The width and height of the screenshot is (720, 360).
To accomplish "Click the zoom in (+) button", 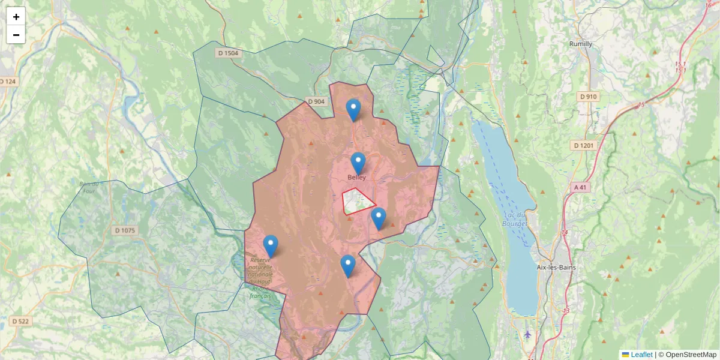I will (16, 17).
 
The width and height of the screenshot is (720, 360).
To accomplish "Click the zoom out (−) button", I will (16, 35).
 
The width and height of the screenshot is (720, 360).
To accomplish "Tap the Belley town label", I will (356, 177).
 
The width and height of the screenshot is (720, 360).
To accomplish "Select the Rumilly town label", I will (580, 44).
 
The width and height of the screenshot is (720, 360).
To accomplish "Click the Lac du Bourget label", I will (515, 219).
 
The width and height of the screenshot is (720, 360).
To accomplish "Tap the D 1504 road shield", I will (228, 53).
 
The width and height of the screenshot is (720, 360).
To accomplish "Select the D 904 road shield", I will (316, 101).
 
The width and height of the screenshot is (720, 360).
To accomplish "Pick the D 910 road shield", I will (589, 97).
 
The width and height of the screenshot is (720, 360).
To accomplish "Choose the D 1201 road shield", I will (583, 145).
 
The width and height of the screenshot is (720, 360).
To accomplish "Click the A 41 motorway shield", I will (581, 187).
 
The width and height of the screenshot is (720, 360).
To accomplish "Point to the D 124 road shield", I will (8, 81).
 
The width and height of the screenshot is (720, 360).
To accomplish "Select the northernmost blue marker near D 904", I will (353, 110).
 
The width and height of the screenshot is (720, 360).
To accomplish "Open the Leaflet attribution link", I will (641, 355).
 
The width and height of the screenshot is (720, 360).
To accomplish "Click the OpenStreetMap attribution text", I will (691, 355).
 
